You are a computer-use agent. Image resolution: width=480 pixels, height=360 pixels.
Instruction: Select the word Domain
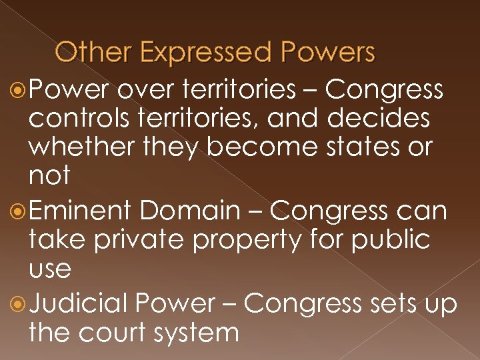point(189,212)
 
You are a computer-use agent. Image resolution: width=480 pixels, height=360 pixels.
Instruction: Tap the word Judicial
point(78,304)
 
